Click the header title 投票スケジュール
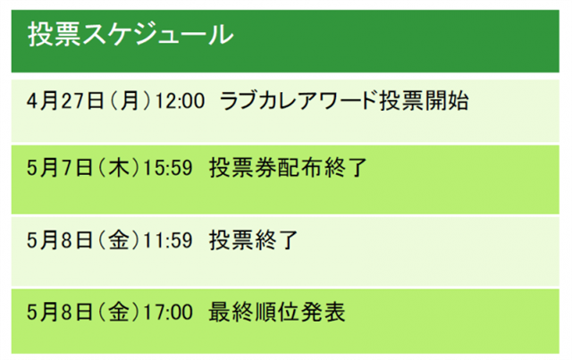coord(130,34)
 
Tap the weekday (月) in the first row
coord(130,100)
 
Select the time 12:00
coord(180,100)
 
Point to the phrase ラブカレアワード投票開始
coord(344,100)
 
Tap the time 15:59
coord(168,168)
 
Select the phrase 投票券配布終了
coord(288,168)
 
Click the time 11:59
coord(168,240)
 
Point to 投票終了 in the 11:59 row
coord(254,240)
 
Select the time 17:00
coord(168,313)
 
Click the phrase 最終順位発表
coord(277,313)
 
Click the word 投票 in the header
coord(54,34)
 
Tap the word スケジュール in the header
coord(157,34)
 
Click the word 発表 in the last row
coord(323,313)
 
